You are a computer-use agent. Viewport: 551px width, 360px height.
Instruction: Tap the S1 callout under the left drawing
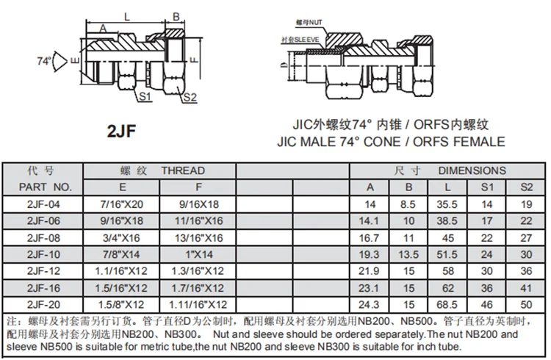(x=144, y=96)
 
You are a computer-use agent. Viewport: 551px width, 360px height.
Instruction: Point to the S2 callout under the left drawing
(x=189, y=97)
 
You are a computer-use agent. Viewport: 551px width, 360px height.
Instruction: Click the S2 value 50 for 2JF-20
(x=525, y=303)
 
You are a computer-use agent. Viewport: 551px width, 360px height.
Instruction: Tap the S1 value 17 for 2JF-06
(x=486, y=221)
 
